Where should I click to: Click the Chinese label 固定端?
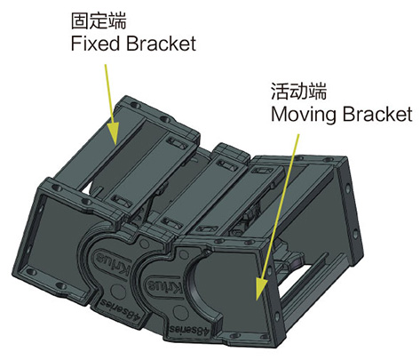click(99, 20)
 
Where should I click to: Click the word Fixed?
click(95, 44)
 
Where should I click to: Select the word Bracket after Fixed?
click(161, 44)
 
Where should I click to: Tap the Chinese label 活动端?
click(299, 91)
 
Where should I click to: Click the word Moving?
click(304, 115)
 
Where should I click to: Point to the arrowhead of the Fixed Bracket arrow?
click(113, 133)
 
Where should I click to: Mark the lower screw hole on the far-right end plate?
click(355, 234)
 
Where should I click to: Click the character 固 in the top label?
click(80, 20)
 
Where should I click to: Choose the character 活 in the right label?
click(280, 91)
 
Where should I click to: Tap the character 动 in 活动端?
click(298, 91)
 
